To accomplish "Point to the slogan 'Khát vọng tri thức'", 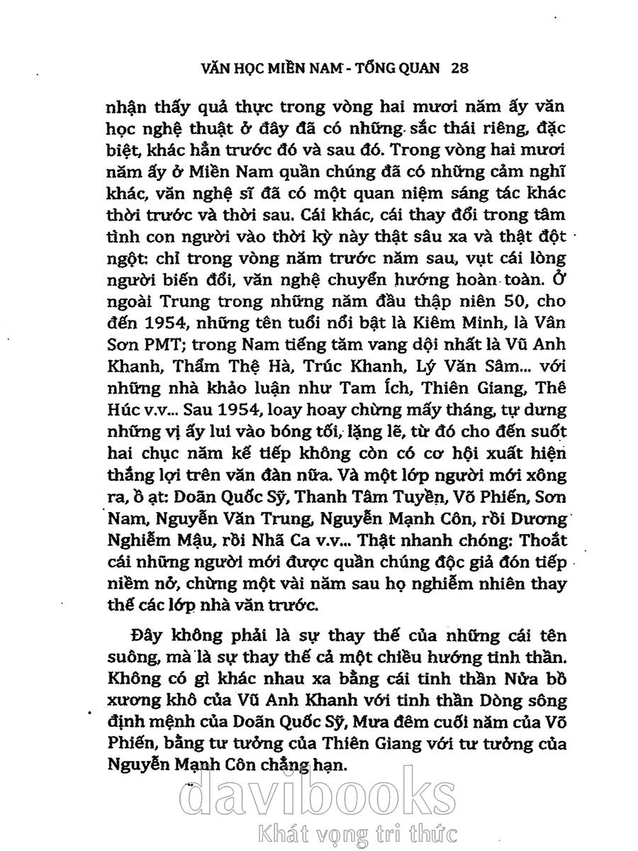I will tap(358, 835).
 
